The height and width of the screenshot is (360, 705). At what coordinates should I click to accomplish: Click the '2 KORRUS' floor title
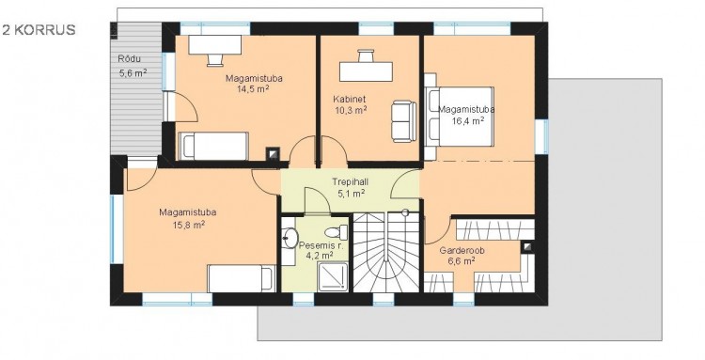[39, 30]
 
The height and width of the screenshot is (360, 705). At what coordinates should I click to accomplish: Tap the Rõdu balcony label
[130, 59]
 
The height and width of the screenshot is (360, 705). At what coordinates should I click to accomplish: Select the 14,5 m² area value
[254, 88]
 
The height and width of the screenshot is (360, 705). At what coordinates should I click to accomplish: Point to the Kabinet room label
[350, 100]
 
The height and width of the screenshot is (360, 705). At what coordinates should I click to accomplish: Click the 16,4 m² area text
[467, 120]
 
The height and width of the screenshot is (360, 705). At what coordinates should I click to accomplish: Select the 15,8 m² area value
[189, 225]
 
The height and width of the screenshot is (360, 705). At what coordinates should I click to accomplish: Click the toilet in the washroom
[336, 232]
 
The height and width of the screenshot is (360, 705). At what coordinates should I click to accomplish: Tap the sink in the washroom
[290, 235]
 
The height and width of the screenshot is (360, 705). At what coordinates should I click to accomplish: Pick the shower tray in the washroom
[333, 277]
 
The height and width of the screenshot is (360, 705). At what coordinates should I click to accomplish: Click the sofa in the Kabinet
[403, 121]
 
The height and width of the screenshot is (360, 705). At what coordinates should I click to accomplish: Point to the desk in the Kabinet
[366, 71]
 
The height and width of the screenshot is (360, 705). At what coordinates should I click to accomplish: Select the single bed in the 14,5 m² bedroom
[214, 146]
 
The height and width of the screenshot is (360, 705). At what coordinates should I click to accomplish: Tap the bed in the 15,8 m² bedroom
[242, 278]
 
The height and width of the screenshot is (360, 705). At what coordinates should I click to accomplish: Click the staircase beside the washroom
[386, 252]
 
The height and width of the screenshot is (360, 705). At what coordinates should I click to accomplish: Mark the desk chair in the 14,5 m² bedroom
[215, 60]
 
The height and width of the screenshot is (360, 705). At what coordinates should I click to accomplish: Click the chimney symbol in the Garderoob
[527, 247]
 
